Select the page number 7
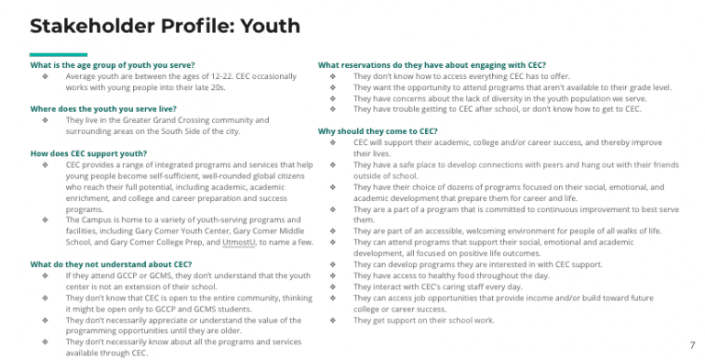click(691, 345)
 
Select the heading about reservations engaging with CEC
click(431, 65)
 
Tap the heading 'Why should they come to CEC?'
click(377, 131)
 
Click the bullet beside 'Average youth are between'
click(44, 76)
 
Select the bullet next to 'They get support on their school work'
click(331, 320)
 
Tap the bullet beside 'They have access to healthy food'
click(331, 276)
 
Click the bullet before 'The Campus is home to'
click(44, 219)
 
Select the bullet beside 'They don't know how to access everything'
click(331, 76)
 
